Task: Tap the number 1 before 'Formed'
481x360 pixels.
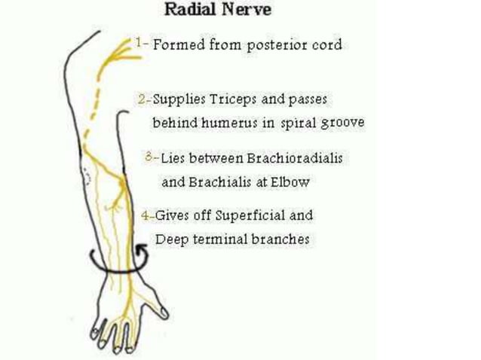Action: [x=140, y=43]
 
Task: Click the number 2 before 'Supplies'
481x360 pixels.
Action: [x=142, y=99]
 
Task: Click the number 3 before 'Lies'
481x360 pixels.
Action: [x=149, y=158]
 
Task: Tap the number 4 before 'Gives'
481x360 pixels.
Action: [x=145, y=215]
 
